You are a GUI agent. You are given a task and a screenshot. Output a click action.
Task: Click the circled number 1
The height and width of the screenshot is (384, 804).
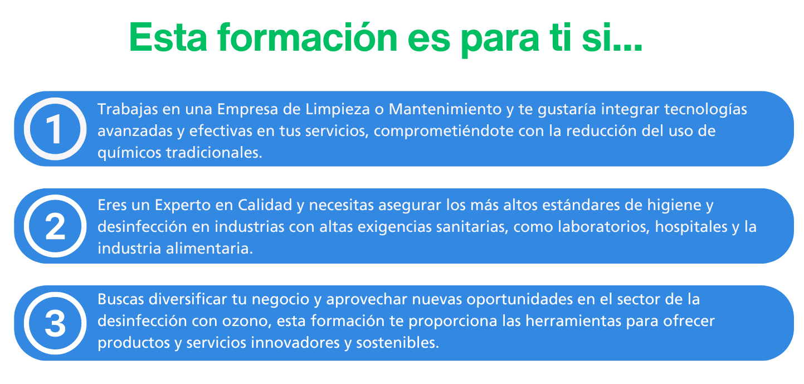pos(55,129)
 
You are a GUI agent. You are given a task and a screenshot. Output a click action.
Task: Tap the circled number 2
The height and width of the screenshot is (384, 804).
pos(55,226)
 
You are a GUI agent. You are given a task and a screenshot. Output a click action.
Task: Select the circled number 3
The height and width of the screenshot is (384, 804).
pos(55,323)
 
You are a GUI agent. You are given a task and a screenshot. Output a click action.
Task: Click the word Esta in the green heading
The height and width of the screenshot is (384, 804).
pos(168,38)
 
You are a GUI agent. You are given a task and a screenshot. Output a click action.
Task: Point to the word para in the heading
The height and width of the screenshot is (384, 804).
pos(500,40)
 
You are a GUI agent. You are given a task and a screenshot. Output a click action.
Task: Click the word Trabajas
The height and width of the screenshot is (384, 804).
pos(128,110)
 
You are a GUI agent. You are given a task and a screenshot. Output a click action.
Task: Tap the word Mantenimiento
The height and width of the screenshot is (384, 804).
pos(445,109)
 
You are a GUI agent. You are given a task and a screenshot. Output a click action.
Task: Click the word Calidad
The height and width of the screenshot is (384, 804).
pos(265,205)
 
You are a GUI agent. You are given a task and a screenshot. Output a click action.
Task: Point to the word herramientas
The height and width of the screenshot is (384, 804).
pos(573,321)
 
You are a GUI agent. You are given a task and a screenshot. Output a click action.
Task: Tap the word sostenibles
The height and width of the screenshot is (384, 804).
pos(398,343)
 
